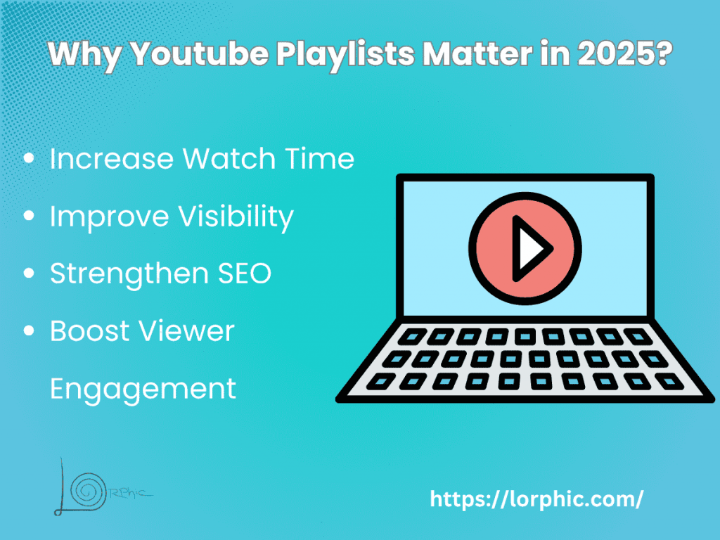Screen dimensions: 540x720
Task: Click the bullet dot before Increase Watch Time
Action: [x=30, y=160]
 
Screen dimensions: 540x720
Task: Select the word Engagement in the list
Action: [x=143, y=388]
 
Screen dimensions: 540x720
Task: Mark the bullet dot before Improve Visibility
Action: [x=30, y=217]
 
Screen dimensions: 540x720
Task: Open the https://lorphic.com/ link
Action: [x=536, y=499]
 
